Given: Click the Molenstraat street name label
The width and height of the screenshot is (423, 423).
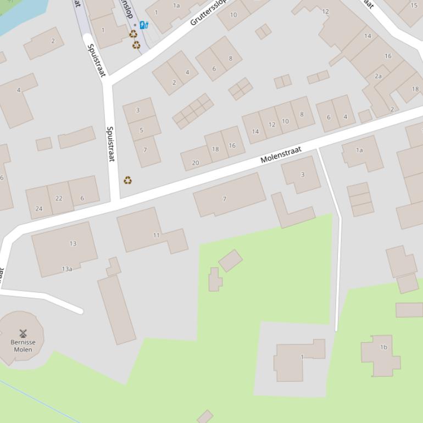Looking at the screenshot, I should [281, 155].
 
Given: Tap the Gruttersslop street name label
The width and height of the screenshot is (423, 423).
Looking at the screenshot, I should [208, 13].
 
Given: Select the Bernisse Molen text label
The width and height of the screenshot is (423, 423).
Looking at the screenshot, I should [23, 346].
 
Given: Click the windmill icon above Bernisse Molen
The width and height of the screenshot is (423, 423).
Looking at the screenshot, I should [23, 333].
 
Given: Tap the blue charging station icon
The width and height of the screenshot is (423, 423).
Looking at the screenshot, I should [143, 25].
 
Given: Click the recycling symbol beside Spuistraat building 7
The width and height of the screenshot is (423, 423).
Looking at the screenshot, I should [128, 180].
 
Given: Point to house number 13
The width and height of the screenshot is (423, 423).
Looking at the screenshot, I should [73, 243].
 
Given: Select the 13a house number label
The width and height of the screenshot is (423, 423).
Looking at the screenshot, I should [66, 269].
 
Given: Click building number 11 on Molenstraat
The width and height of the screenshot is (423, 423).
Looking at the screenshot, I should [156, 235].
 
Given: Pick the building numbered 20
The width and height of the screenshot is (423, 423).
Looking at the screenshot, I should [195, 163].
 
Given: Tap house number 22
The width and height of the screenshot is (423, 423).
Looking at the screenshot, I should [59, 198].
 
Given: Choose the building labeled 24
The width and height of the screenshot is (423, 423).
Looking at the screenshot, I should [38, 208].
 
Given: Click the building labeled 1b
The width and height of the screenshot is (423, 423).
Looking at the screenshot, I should [383, 347].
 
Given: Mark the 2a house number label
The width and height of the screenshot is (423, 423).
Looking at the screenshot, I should [378, 76].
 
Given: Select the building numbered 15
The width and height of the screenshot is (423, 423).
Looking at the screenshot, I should [414, 5].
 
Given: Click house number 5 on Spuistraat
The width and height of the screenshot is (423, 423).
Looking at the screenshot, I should [141, 130].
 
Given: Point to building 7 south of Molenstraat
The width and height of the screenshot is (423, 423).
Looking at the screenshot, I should [224, 199].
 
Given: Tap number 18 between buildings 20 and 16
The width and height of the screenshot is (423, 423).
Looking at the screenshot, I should [215, 149].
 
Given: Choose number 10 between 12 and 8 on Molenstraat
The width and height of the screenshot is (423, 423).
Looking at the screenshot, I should [286, 121].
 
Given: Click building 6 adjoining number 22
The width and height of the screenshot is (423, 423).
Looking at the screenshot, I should [82, 198].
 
